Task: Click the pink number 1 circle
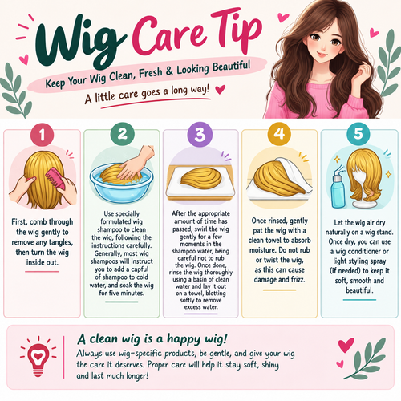point(42,135)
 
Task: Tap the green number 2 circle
point(122,134)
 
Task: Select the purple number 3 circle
point(200,134)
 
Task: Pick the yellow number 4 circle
point(279,133)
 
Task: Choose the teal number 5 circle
point(358,133)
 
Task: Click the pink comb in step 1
point(55,178)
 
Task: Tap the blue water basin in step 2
point(122,184)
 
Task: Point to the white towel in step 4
point(294,174)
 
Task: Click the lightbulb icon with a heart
point(38,358)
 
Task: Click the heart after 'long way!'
point(221,89)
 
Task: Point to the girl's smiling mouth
point(322,55)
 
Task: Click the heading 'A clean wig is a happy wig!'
point(152,339)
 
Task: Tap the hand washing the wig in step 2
point(135,163)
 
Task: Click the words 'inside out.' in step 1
point(43,262)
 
